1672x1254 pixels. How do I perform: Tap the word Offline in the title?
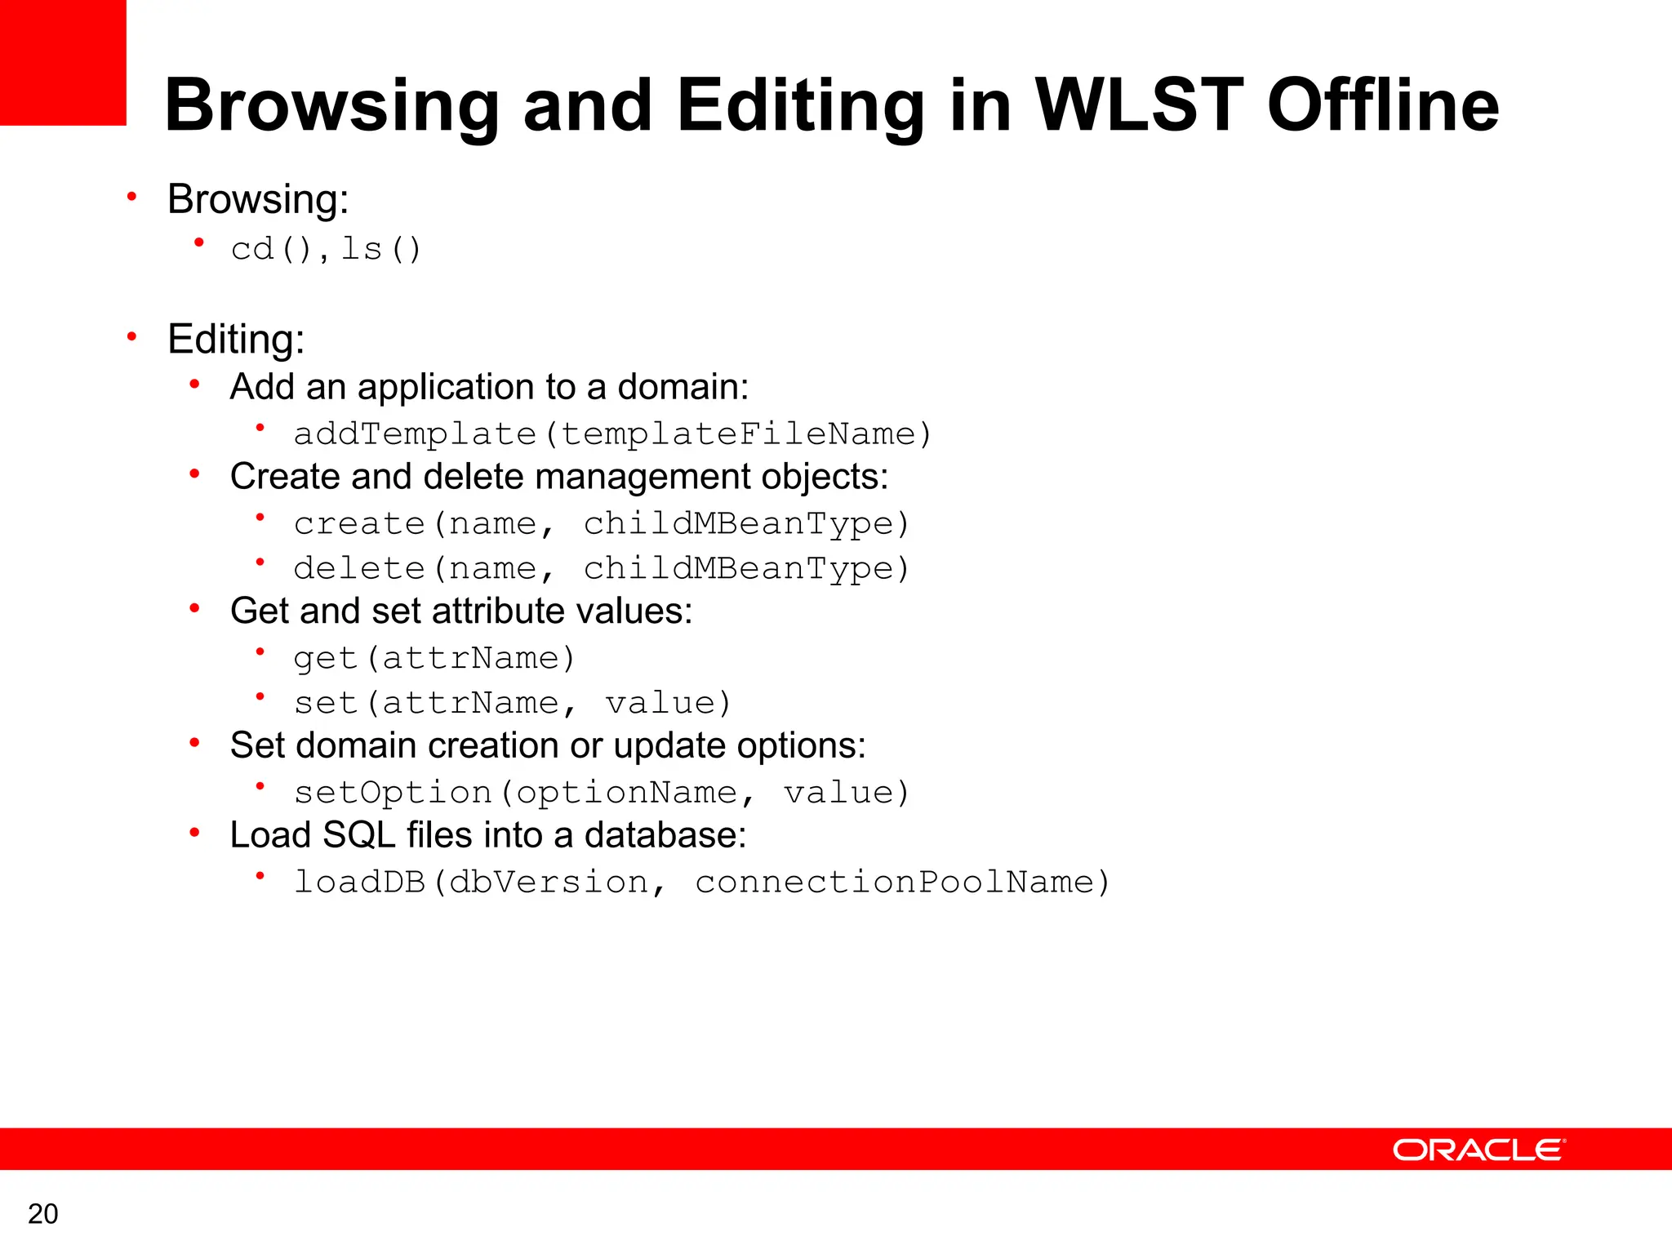[x=1383, y=105]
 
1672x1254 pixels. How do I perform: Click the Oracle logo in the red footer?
[x=1479, y=1149]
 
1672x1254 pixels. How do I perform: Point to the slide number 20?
[x=43, y=1214]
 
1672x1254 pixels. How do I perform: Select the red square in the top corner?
[x=63, y=62]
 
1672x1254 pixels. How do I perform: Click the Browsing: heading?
[x=258, y=199]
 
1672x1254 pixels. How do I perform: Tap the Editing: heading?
[x=236, y=339]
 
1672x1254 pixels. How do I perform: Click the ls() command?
[x=381, y=249]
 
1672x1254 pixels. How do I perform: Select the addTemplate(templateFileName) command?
[x=612, y=434]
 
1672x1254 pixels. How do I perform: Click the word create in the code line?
[x=359, y=523]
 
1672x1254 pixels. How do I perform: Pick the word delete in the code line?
[x=359, y=568]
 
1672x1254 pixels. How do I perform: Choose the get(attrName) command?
[x=435, y=658]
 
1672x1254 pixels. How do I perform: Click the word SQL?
[x=358, y=835]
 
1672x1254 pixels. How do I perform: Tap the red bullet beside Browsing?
[x=131, y=197]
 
